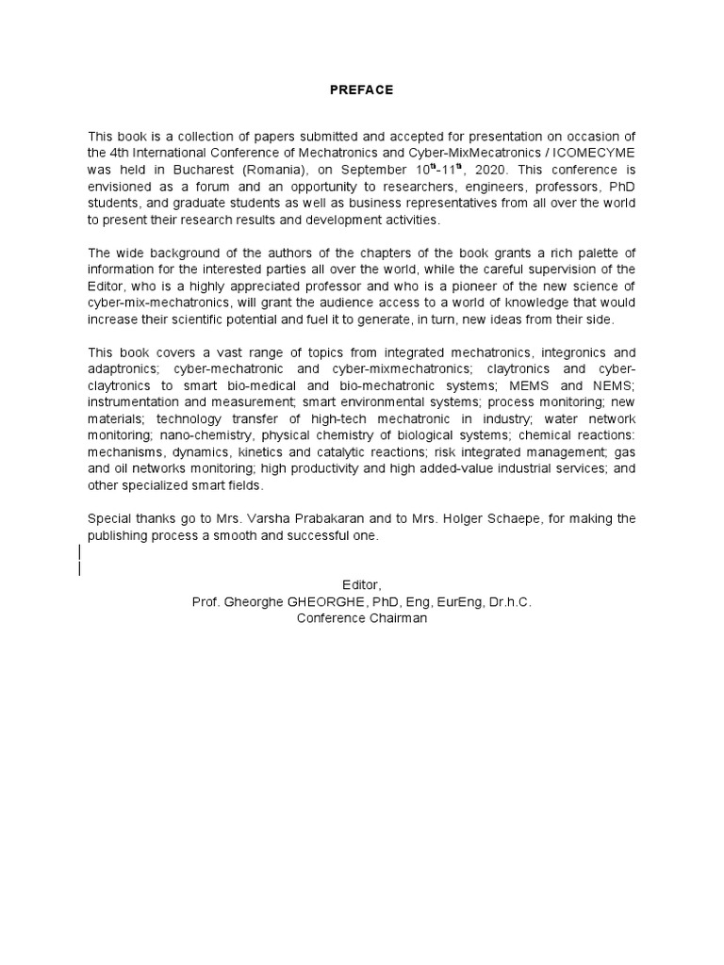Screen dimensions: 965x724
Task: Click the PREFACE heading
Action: click(x=361, y=90)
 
